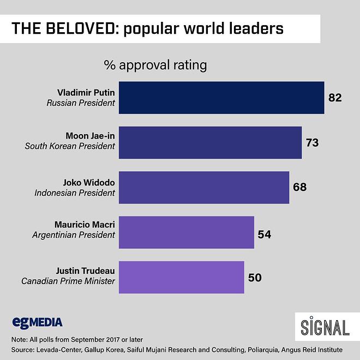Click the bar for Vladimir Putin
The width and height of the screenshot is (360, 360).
click(221, 98)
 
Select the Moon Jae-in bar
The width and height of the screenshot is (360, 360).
click(210, 143)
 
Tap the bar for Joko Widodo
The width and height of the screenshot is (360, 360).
click(203, 188)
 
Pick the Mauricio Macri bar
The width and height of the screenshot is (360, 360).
click(186, 232)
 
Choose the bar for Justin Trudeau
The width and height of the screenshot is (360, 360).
click(181, 277)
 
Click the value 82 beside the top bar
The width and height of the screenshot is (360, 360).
click(334, 98)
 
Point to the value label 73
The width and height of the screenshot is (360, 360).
click(312, 143)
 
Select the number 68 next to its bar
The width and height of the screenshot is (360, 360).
click(299, 188)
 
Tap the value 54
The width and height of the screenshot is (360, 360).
click(264, 235)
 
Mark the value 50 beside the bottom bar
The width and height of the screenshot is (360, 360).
click(254, 278)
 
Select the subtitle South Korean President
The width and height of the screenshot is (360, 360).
click(70, 146)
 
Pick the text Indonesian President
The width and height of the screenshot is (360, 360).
click(75, 193)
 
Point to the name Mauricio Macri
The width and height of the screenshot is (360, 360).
click(85, 225)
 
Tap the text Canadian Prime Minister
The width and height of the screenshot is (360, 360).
click(68, 281)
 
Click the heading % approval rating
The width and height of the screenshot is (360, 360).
click(155, 65)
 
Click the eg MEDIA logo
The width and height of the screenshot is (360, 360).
click(37, 322)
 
